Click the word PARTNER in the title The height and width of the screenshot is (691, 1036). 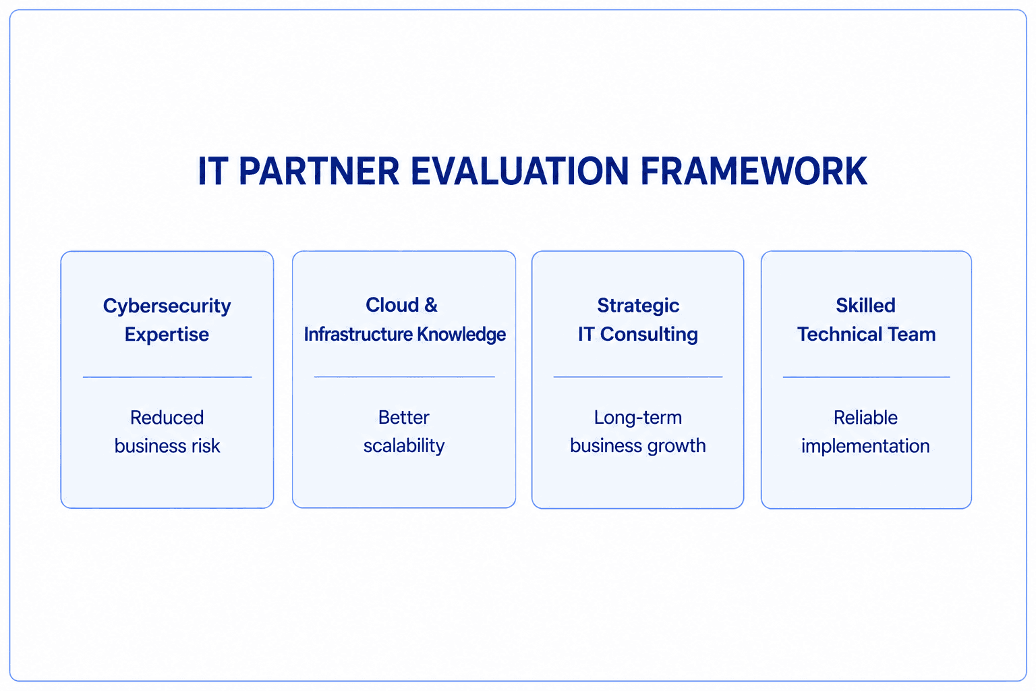[x=319, y=171]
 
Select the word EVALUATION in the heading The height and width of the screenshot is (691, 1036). [x=520, y=171]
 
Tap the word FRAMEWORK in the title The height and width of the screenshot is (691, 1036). [x=754, y=171]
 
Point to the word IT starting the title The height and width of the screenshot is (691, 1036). [x=212, y=171]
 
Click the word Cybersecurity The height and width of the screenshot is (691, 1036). [x=167, y=306]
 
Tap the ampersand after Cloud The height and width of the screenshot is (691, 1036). [x=430, y=305]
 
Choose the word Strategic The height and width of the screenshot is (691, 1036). [x=638, y=306]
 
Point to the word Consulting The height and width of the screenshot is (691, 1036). [x=649, y=335]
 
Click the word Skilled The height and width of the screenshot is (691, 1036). [x=866, y=306]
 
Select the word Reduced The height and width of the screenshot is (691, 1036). [x=167, y=418]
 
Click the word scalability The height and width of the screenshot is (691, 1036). [x=404, y=446]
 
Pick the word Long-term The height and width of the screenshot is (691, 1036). [x=638, y=418]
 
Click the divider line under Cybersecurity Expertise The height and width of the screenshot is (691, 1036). [x=167, y=377]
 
